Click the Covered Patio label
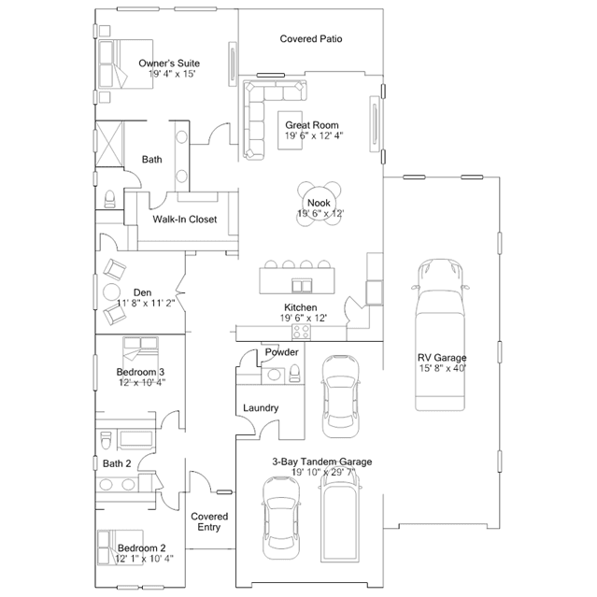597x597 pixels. [311, 39]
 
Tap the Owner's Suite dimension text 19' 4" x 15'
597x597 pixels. [172, 74]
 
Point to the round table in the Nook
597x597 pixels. [320, 204]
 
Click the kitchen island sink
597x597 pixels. [302, 286]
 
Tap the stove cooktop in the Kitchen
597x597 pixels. [301, 332]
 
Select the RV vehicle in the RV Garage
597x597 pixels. [440, 335]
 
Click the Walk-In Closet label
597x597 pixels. [185, 220]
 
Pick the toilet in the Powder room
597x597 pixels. [294, 373]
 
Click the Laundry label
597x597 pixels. [261, 408]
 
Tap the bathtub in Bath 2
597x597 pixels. [136, 440]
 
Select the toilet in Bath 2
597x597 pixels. [105, 440]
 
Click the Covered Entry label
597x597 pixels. [209, 521]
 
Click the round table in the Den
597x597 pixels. [111, 292]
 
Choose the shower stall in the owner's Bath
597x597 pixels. [109, 144]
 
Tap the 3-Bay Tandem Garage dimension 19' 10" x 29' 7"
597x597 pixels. [323, 473]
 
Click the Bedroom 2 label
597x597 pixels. [142, 548]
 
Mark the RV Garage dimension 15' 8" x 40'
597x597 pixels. [443, 368]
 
